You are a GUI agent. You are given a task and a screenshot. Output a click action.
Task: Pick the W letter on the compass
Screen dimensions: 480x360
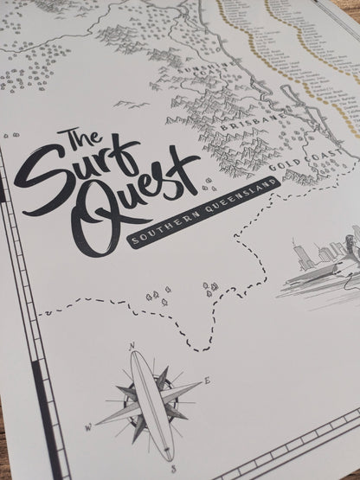tap(87, 427)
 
